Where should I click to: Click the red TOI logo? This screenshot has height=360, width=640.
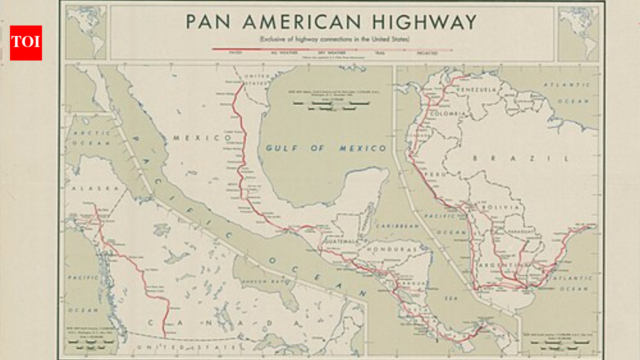click(26, 43)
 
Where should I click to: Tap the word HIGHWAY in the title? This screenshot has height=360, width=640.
click(424, 22)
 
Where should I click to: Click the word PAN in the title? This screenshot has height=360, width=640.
click(209, 22)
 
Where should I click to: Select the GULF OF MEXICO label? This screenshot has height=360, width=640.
click(326, 148)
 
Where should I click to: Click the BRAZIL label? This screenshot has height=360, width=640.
click(520, 158)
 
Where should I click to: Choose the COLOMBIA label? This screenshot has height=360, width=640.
click(448, 114)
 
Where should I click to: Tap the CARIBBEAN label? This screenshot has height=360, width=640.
click(397, 226)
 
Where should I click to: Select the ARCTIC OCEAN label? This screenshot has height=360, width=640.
click(91, 138)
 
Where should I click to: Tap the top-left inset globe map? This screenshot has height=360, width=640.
click(86, 33)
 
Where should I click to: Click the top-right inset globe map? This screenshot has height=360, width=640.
click(578, 33)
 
